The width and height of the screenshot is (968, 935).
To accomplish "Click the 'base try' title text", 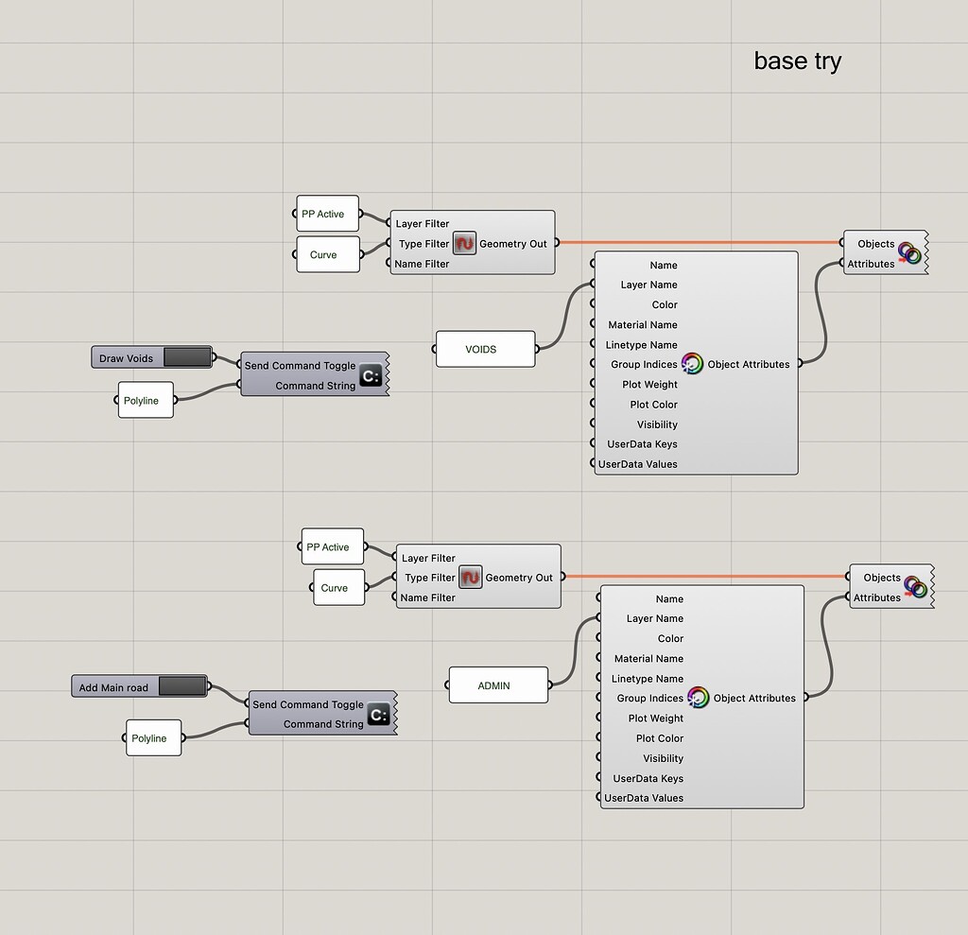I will point(797,61).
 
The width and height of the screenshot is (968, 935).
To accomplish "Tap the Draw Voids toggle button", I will point(187,357).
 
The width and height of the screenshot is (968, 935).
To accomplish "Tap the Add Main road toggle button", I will point(181,686).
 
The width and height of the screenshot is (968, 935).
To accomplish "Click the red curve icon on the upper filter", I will point(464,244).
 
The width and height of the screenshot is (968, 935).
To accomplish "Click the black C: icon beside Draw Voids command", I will point(371,377).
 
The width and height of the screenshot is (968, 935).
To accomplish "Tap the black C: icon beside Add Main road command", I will point(378,716).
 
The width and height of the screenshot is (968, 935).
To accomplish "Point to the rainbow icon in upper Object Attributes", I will point(693,364).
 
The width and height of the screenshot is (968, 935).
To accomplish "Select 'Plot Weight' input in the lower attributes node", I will point(655,719).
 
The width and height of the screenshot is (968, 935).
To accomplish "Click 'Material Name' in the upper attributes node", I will point(642,324).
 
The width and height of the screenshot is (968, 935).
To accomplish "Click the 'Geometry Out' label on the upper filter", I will point(512,244).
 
